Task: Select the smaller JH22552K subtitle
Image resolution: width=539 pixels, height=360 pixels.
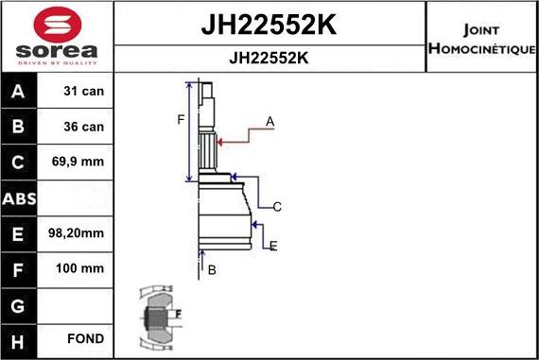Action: pos(269,58)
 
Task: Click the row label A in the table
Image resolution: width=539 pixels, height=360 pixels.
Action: pos(20,92)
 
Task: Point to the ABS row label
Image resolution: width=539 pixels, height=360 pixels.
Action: pos(20,198)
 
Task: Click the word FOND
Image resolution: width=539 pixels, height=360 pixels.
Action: pos(85,339)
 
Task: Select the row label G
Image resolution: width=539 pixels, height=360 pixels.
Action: pos(20,304)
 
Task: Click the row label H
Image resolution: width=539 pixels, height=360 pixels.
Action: pos(20,339)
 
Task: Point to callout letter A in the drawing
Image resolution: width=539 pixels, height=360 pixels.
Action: pos(269,121)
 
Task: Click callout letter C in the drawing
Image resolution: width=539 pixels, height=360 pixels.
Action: pos(277,206)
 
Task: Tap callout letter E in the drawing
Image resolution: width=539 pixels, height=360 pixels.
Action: pos(273,247)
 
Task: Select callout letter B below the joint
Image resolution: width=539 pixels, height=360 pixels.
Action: pos(212,270)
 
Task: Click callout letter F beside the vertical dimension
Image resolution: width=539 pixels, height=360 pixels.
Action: pos(180,119)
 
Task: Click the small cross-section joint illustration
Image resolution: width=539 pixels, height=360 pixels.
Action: pos(158,315)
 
